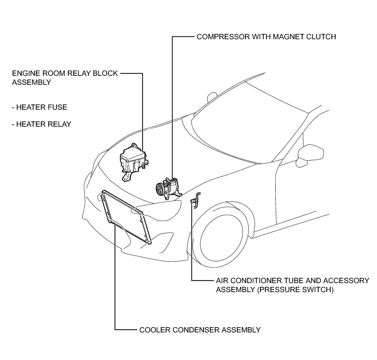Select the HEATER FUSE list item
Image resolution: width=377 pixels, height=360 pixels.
click(42, 107)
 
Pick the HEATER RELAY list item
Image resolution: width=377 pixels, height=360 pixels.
click(44, 124)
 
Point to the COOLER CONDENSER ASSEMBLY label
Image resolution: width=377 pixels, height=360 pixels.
click(199, 330)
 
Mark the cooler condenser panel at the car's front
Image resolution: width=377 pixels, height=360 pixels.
click(126, 217)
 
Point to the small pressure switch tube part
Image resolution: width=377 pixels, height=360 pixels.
click(195, 201)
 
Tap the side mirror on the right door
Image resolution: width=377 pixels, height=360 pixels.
click(309, 154)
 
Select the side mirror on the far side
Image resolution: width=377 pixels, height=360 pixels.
click(212, 98)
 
